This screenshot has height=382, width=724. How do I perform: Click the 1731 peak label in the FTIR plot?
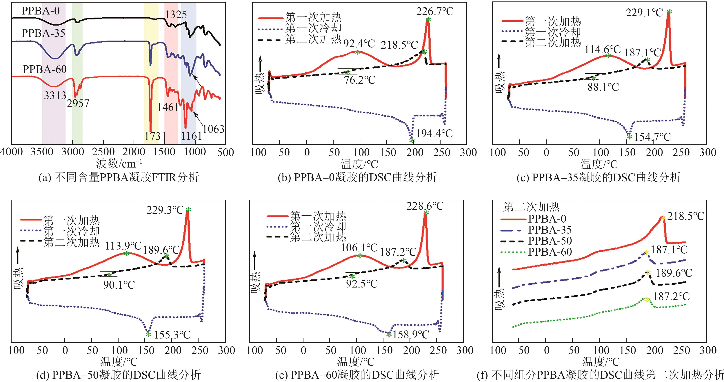click(x=155, y=136)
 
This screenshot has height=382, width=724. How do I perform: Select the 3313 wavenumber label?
click(x=55, y=96)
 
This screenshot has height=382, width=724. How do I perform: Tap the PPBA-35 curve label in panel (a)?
click(x=43, y=33)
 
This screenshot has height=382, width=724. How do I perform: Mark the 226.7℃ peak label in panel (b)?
click(x=435, y=12)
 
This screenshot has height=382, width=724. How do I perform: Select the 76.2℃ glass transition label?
click(x=359, y=80)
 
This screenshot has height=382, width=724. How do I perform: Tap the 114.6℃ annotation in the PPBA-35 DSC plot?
click(x=603, y=50)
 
